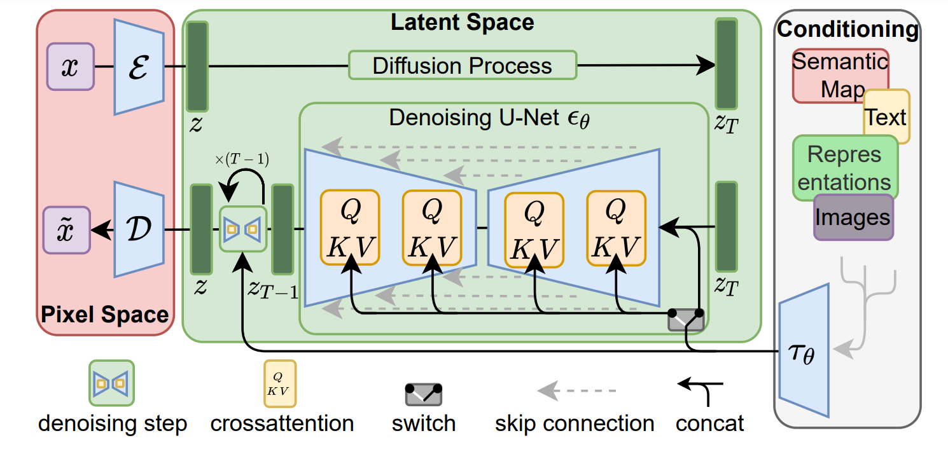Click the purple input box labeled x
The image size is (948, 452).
pyautogui.click(x=70, y=66)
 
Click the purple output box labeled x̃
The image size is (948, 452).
pyautogui.click(x=66, y=230)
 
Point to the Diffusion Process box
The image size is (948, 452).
pyautogui.click(x=463, y=65)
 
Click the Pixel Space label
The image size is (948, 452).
pyautogui.click(x=105, y=314)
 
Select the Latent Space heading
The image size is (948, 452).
pyautogui.click(x=462, y=23)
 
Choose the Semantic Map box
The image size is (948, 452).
pyautogui.click(x=840, y=75)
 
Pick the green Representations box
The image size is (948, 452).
pyautogui.click(x=845, y=168)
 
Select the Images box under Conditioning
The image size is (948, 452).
pyautogui.click(x=853, y=217)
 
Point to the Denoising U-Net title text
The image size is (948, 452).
pyautogui.click(x=489, y=118)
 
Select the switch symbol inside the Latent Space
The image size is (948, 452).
pyautogui.click(x=686, y=319)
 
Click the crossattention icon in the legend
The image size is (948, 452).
pyautogui.click(x=280, y=383)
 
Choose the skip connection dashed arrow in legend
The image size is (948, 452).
pyautogui.click(x=576, y=389)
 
